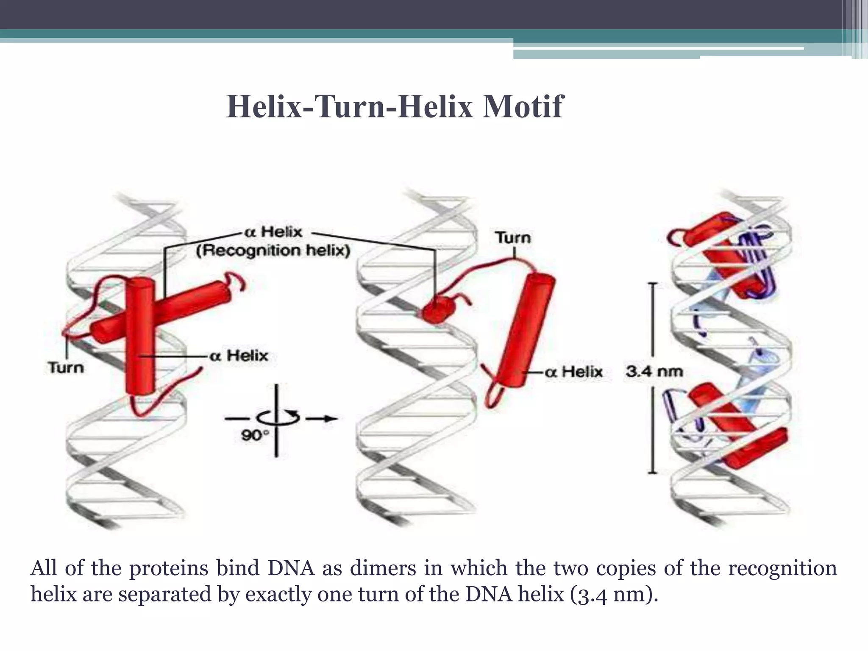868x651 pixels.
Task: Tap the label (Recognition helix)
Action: (x=273, y=251)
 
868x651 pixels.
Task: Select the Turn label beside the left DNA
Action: (x=66, y=367)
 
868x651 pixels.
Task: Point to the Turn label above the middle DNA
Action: (x=513, y=237)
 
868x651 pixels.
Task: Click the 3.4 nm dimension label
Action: (x=654, y=372)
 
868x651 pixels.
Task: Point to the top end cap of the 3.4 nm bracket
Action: (x=652, y=283)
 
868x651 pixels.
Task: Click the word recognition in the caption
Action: (x=782, y=568)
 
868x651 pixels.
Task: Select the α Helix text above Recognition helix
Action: (x=273, y=232)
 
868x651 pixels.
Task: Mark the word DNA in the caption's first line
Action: (x=291, y=568)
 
